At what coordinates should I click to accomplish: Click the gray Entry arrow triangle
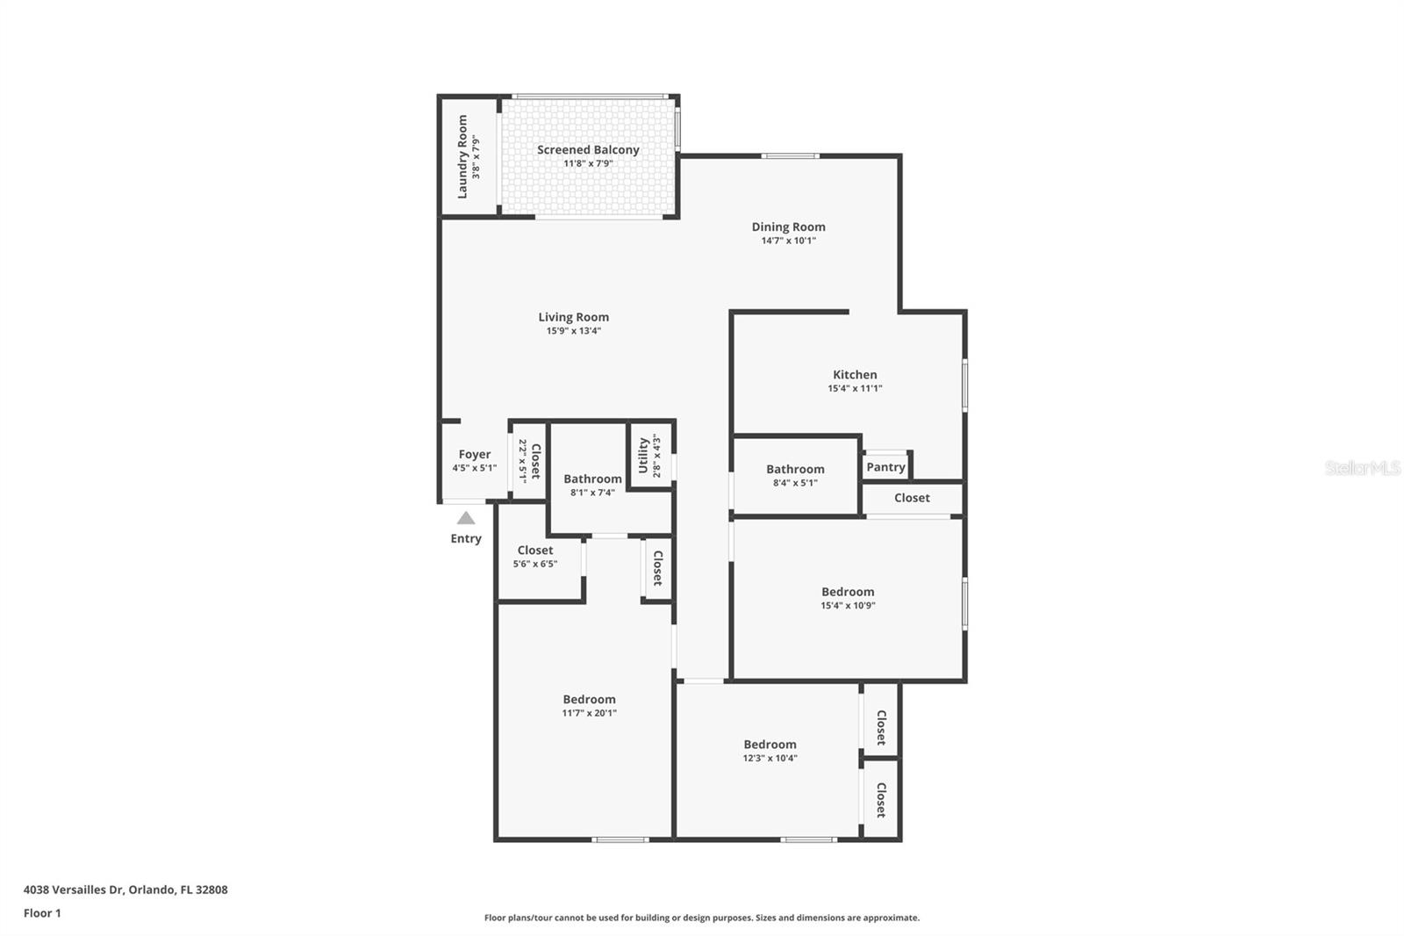tap(466, 518)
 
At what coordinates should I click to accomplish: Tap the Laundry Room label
tap(462, 156)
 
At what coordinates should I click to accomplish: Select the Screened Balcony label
tap(588, 150)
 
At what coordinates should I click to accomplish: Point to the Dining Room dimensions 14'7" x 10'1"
tap(788, 241)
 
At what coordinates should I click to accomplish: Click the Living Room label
tap(573, 317)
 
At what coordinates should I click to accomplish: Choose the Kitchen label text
tap(855, 375)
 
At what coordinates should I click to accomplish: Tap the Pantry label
tap(885, 467)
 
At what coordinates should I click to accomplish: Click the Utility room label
tap(643, 456)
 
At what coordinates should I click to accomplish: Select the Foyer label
tap(474, 455)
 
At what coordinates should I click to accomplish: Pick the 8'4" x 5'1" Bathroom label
tap(795, 470)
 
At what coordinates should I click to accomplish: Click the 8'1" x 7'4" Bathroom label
tap(592, 479)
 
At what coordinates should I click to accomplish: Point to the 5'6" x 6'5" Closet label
tap(535, 551)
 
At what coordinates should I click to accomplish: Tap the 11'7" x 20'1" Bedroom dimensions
tap(590, 713)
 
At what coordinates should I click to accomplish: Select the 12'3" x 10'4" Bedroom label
tap(770, 745)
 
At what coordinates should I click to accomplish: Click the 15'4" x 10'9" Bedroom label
tap(848, 592)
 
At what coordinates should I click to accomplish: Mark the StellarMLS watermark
tap(1363, 468)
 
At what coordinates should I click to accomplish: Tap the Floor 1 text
tap(42, 913)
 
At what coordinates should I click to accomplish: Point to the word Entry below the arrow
tap(466, 538)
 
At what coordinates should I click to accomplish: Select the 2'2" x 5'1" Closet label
tap(534, 460)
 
